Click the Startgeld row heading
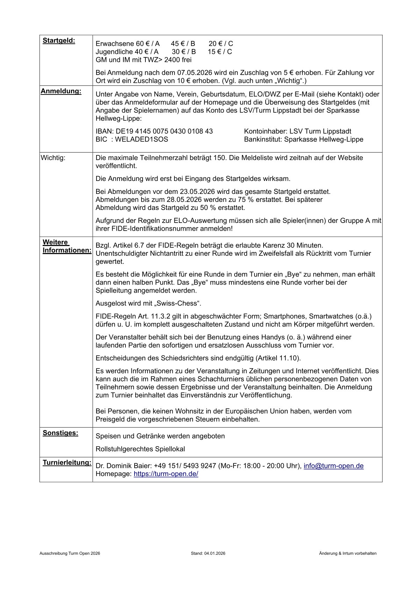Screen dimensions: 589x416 [59, 41]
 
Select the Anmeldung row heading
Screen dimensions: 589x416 [61, 91]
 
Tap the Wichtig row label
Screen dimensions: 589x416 [53, 157]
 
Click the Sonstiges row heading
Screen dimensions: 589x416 [60, 433]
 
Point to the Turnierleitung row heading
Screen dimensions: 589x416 [67, 463]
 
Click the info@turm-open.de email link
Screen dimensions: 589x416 [333, 466]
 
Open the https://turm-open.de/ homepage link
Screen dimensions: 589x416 [166, 474]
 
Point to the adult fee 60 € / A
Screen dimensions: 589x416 [148, 44]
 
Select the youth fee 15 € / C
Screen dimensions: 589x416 [220, 52]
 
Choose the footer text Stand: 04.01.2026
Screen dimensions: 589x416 [208, 554]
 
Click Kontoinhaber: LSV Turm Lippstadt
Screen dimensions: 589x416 [297, 131]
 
